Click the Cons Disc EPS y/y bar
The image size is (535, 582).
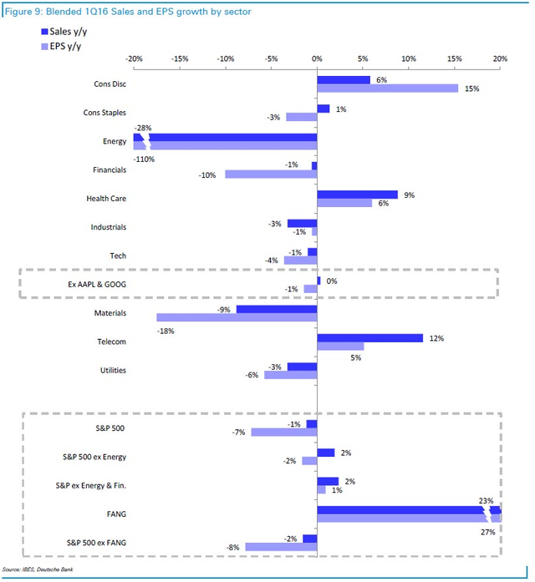coord(388,89)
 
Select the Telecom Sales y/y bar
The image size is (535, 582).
coord(369,338)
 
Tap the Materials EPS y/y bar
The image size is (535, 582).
coord(237,317)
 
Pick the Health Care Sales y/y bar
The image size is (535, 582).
coord(357,195)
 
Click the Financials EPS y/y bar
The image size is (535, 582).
coord(271,175)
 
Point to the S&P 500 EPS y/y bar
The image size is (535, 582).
coord(283,432)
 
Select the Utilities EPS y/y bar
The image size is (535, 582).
coord(290,375)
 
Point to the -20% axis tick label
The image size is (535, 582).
coord(133,59)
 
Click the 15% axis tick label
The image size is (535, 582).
coord(454,59)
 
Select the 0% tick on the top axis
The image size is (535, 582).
coord(317,59)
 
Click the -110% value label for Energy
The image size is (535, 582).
coord(144,159)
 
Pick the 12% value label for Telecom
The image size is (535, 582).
coord(436,338)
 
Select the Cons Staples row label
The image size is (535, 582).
coord(104,112)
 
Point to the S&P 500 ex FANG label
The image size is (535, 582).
coord(94,543)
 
